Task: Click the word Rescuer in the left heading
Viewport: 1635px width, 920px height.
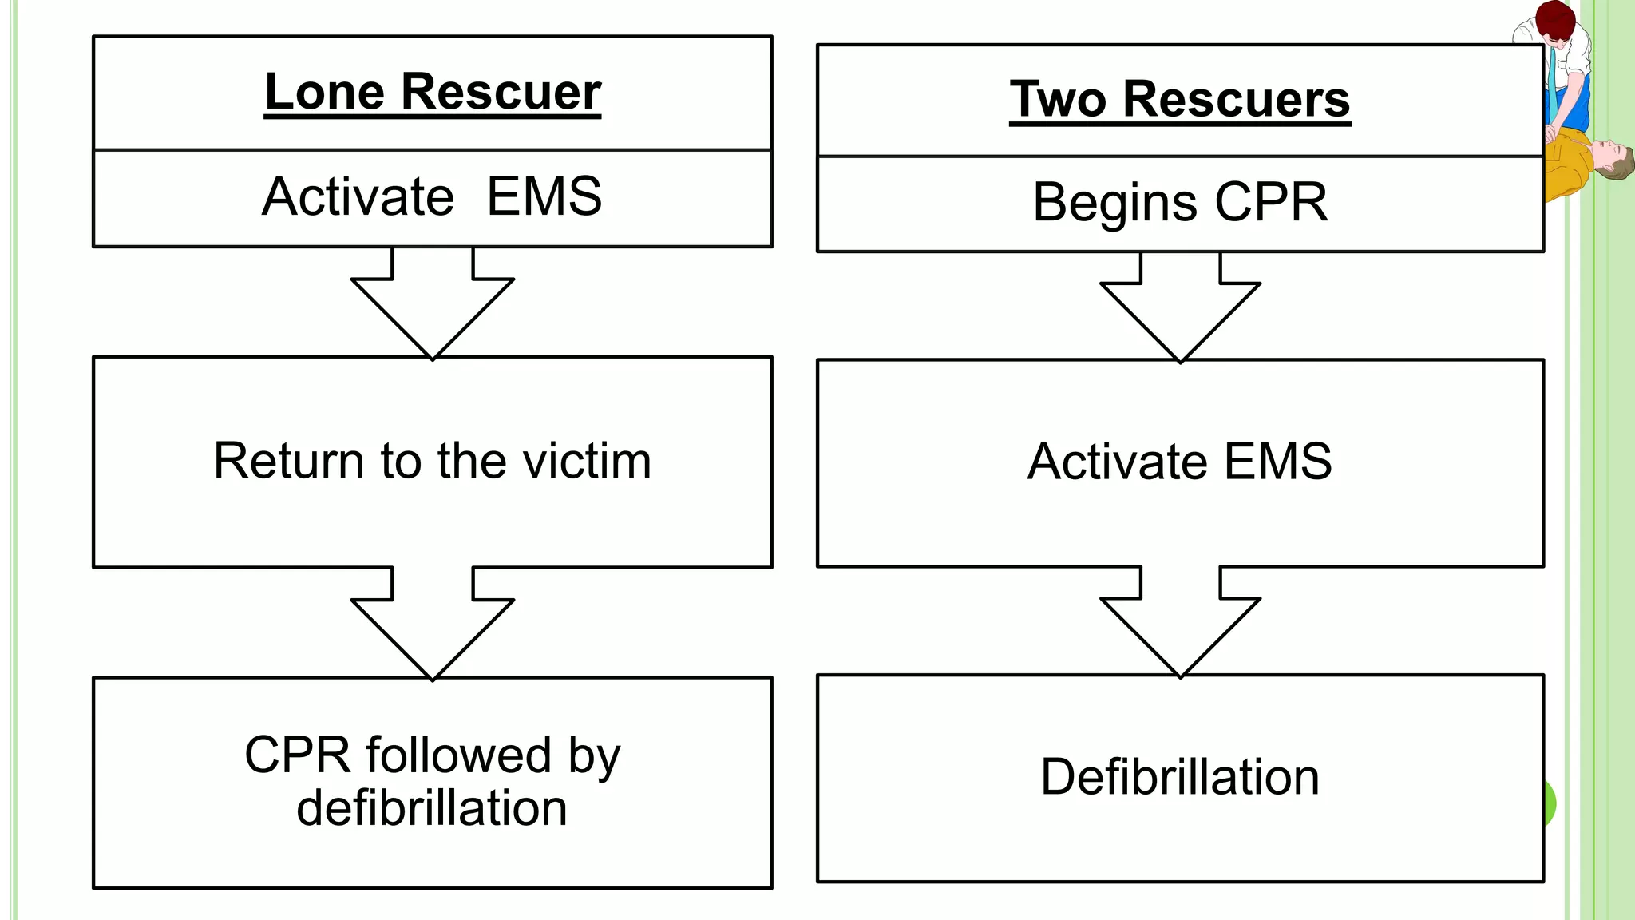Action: coord(501,93)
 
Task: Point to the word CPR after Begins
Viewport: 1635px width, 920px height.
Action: coord(1271,203)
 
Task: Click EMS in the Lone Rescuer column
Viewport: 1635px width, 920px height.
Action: coord(544,196)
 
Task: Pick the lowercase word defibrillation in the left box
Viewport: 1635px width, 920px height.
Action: coord(432,808)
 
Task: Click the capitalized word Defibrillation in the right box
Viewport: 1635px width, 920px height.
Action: coord(1180,777)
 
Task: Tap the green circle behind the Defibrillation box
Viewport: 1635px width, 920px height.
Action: coord(1550,803)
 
